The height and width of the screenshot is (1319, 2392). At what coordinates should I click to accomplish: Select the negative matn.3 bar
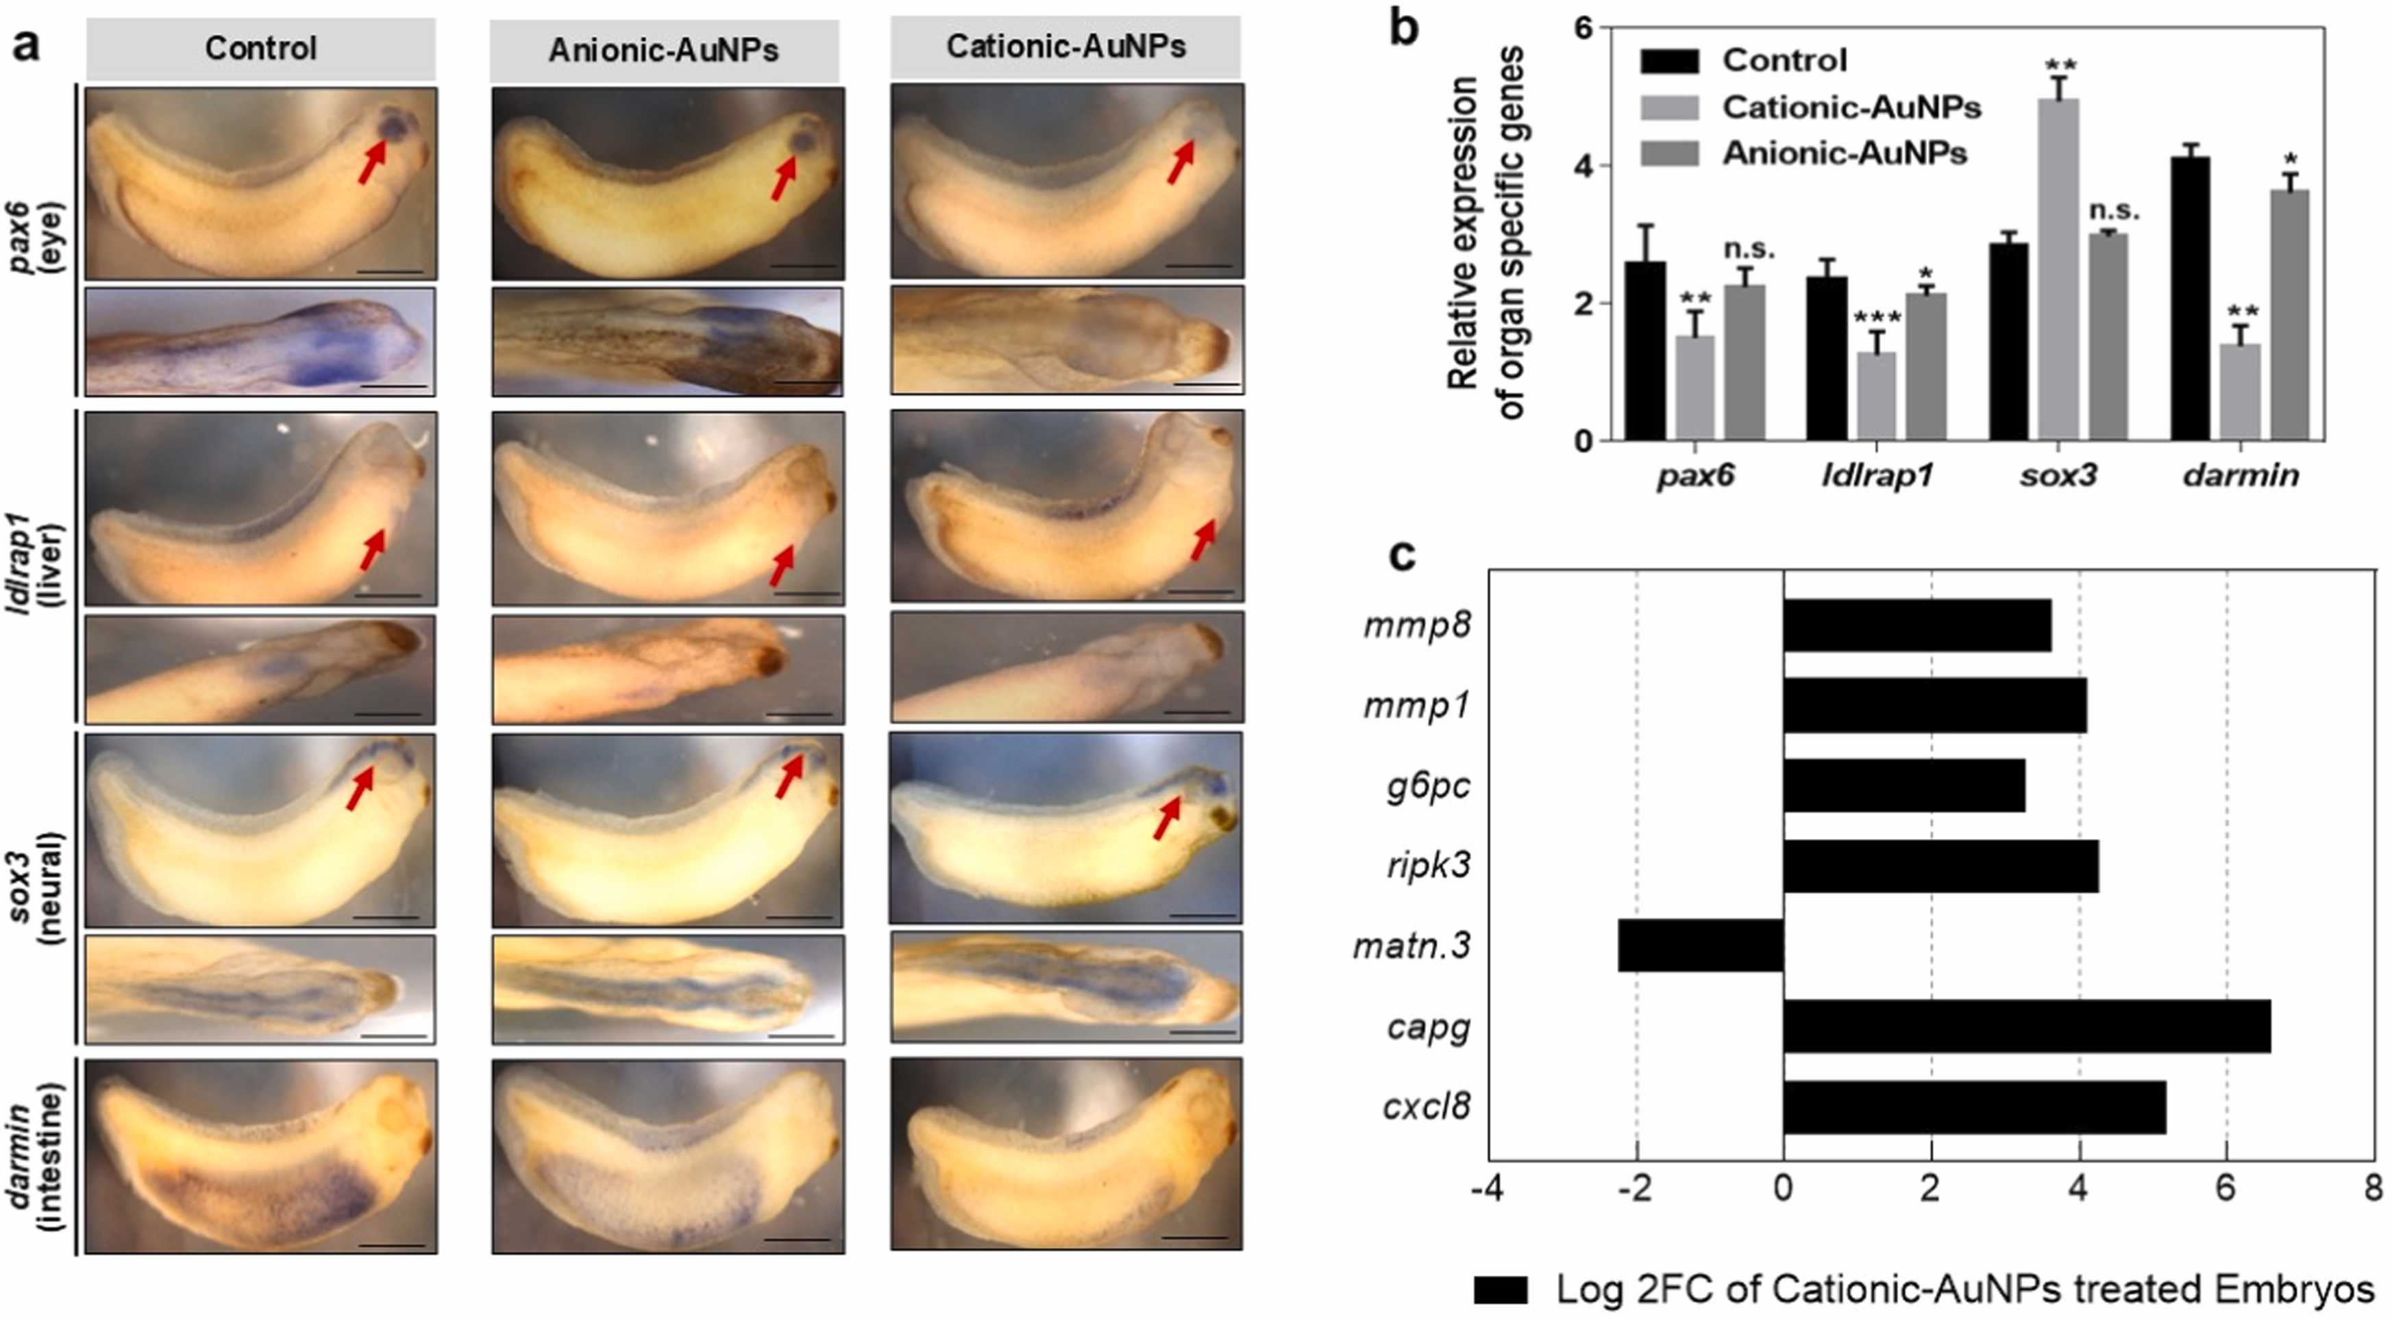1700,946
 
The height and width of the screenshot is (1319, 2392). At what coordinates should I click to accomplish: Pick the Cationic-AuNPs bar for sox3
2058,269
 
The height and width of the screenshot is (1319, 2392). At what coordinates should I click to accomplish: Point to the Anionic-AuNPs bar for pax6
1744,362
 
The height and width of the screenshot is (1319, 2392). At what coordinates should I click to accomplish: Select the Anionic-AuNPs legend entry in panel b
1843,153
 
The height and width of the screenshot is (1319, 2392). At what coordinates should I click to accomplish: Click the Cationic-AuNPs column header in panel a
1065,47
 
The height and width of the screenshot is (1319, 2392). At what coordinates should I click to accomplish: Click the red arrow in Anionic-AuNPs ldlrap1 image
782,564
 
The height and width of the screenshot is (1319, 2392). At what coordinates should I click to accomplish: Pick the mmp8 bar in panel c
1916,625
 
